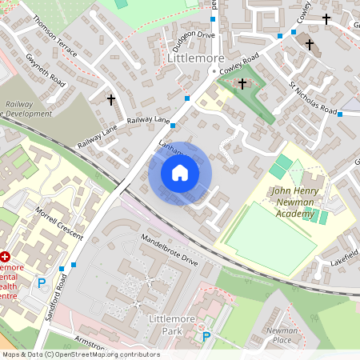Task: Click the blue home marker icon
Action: coord(180,172)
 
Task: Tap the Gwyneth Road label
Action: coord(46,70)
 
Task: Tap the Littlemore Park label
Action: coord(172,324)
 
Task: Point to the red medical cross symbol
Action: coord(5,258)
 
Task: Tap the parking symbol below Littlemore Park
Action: coord(206,337)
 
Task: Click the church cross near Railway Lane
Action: coord(110,100)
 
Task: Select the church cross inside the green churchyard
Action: coord(242,82)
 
